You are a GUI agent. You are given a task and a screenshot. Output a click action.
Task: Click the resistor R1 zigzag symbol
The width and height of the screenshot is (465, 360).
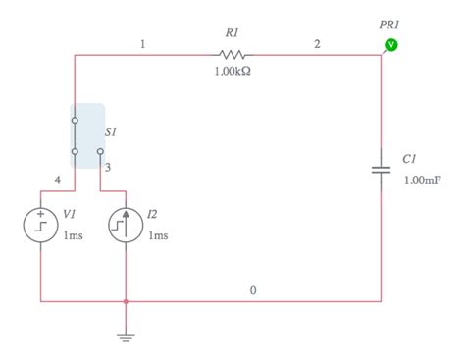click(x=232, y=55)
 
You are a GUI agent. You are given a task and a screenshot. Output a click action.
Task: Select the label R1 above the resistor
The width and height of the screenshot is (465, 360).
click(x=232, y=32)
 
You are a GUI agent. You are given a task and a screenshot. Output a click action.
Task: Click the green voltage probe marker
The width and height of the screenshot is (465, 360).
click(x=390, y=44)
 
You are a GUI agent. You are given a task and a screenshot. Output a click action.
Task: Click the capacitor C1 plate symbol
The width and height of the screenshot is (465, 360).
click(x=382, y=171)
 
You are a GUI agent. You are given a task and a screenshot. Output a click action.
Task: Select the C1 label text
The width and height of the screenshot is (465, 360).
click(x=410, y=158)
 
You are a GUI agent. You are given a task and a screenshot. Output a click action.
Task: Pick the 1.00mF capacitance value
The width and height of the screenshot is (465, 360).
click(x=421, y=180)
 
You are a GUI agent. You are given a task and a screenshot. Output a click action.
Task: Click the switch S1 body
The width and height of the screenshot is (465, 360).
click(x=86, y=135)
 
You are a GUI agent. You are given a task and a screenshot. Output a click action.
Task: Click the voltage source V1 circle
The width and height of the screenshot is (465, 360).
click(x=41, y=225)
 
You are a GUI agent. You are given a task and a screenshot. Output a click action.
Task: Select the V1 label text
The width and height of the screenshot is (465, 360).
click(x=69, y=213)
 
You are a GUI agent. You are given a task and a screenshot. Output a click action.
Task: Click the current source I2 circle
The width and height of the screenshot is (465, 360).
click(x=126, y=225)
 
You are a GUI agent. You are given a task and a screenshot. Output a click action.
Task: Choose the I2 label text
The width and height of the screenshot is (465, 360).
click(x=153, y=213)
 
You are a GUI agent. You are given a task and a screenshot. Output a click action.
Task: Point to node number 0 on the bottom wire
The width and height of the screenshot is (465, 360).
click(x=253, y=290)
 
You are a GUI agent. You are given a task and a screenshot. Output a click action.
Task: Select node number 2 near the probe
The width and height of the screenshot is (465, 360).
click(x=317, y=44)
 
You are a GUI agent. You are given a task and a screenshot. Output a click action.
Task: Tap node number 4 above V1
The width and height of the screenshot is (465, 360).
click(x=58, y=181)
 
